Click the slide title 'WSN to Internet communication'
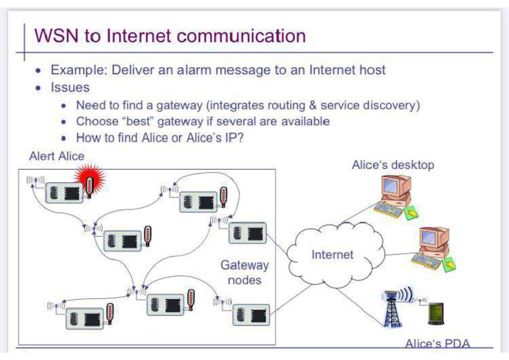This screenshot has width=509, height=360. [x=170, y=36]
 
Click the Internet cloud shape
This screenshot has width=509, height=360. [x=333, y=253]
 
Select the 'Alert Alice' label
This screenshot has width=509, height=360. [x=57, y=156]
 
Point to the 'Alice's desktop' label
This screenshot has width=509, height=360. [x=392, y=164]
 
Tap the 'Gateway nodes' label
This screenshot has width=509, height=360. [x=245, y=272]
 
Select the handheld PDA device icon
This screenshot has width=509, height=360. [x=436, y=314]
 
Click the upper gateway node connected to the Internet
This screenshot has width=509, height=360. [x=247, y=233]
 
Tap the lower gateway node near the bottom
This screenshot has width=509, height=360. [x=251, y=313]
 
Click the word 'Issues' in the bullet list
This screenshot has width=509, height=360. [x=70, y=87]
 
